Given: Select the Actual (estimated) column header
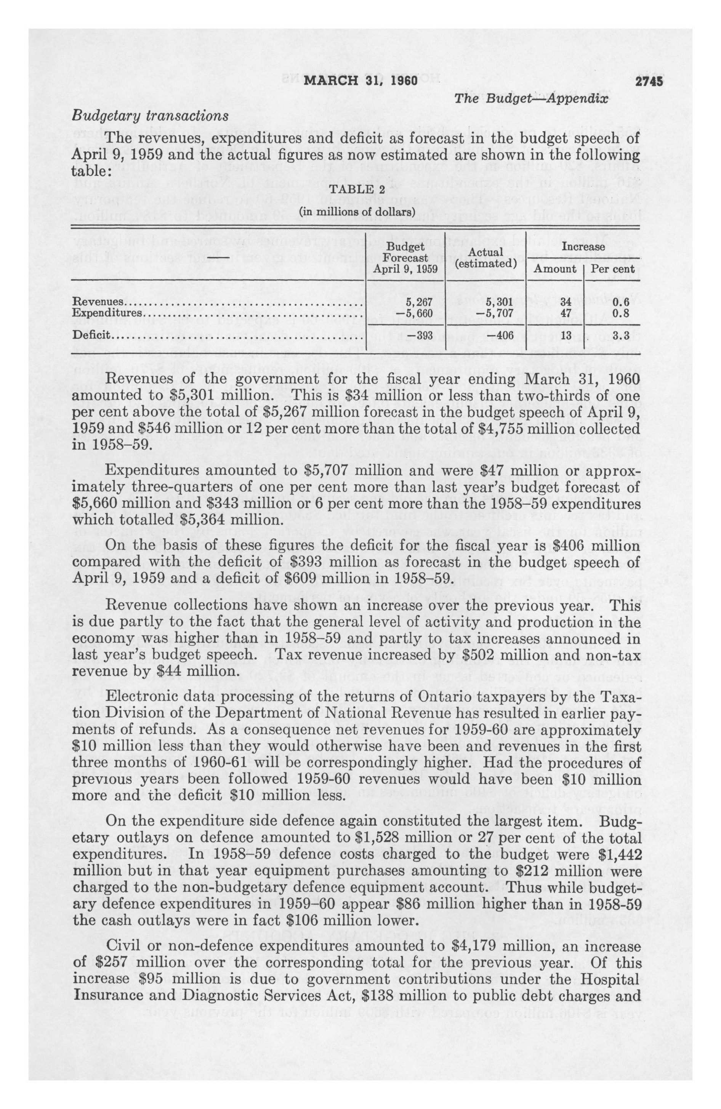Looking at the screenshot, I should (486, 258).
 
